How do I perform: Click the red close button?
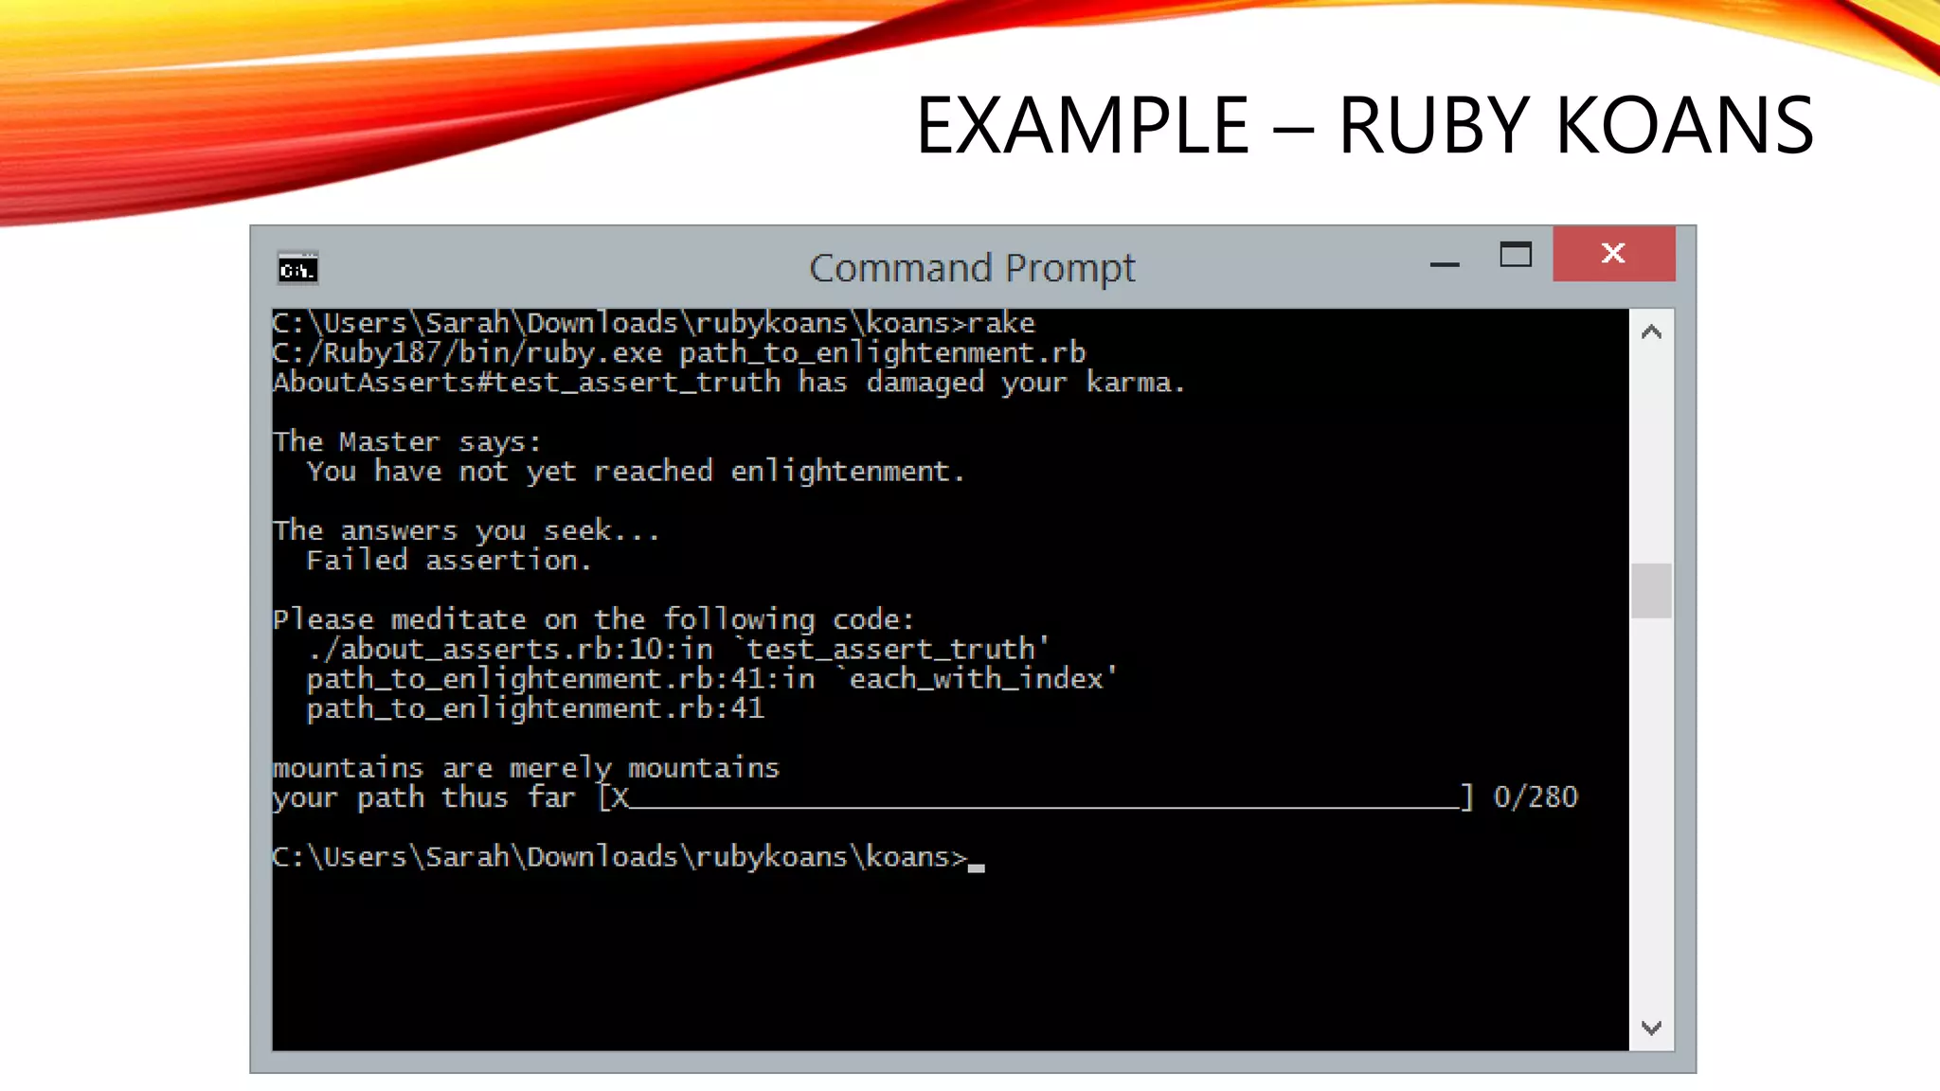1613,253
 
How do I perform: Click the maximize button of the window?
1515,255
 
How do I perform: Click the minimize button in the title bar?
1444,264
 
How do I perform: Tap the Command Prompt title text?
972,268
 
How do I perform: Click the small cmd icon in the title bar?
297,269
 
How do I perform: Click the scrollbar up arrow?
1651,332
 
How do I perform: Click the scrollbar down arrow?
1651,1028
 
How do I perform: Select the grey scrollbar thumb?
1651,590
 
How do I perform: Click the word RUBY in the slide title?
1433,126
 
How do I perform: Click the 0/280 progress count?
1535,797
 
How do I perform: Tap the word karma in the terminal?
1129,383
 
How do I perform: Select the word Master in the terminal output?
389,442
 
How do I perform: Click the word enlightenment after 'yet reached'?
840,472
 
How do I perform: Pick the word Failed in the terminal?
356,561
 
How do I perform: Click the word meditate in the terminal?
458,620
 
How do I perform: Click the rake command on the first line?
1001,324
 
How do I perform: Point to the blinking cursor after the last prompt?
977,867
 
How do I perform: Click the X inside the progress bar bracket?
619,797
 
